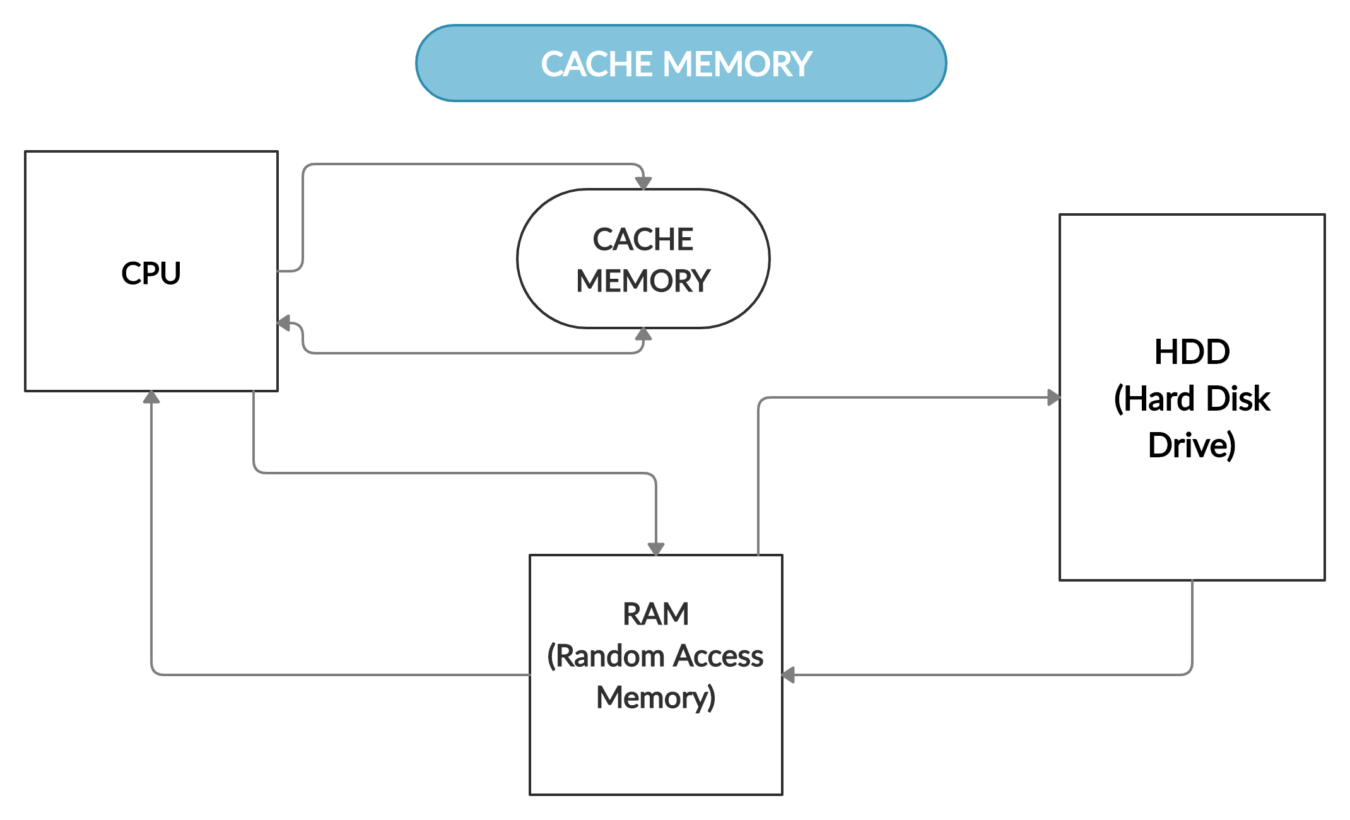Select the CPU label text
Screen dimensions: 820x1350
pos(151,273)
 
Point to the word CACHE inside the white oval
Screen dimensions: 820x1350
pos(643,240)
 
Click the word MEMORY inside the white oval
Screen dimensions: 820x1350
pos(643,281)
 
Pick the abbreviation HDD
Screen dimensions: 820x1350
pos(1192,352)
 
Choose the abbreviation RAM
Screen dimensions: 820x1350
pos(655,614)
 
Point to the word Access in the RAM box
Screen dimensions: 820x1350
pos(719,656)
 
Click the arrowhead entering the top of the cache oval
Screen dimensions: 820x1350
pos(643,183)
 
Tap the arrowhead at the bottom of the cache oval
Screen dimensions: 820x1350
pos(643,334)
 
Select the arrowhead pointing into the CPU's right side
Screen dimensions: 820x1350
pos(285,324)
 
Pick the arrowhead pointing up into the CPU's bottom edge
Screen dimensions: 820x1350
pos(151,397)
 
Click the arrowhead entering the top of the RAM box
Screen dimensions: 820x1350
pos(656,549)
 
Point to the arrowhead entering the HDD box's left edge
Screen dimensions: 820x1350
pos(1054,397)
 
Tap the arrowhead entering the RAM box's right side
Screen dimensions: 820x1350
pos(789,675)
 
